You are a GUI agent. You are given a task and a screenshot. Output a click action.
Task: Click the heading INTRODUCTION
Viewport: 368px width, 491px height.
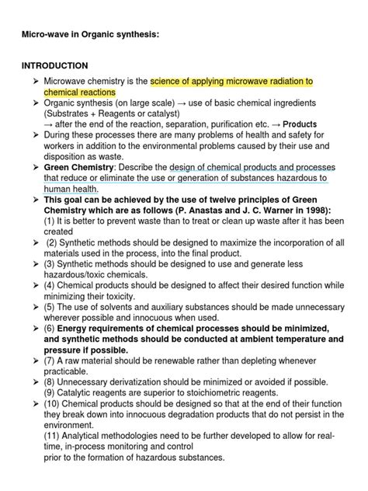[54, 65]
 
